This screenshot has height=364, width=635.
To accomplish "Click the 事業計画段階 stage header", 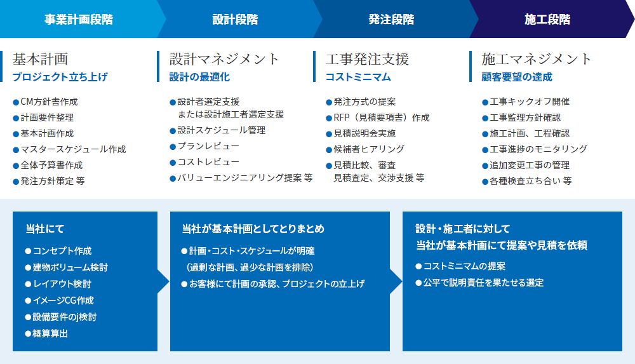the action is (x=79, y=20).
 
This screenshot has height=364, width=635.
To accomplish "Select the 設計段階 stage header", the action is (x=235, y=20).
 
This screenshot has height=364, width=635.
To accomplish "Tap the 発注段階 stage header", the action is (x=391, y=20).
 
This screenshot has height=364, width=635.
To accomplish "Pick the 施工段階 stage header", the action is (x=547, y=20).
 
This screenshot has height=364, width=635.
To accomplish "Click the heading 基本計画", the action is (x=40, y=59).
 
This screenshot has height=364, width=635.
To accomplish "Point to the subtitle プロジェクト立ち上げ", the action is (x=60, y=77).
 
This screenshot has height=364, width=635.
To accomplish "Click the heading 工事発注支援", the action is (x=367, y=59).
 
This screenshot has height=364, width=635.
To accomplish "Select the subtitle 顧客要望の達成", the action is (x=517, y=77).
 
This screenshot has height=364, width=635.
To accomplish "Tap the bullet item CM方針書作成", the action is (x=45, y=102).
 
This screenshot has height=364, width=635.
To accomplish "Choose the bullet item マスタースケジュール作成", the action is (x=69, y=149).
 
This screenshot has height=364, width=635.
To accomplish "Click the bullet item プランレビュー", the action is (x=204, y=146).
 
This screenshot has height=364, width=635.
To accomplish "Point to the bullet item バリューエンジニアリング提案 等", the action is (x=241, y=178).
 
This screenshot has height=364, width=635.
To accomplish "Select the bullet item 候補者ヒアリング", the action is (x=365, y=149).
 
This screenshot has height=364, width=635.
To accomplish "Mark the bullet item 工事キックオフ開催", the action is (x=526, y=102).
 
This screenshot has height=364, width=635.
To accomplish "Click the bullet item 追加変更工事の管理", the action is (x=526, y=165).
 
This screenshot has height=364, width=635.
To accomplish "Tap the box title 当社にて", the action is (x=45, y=229).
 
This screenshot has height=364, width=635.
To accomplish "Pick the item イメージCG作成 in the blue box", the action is (x=60, y=300).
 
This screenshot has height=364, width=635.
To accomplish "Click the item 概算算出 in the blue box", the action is (x=46, y=334).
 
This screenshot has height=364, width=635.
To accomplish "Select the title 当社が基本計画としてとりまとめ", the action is (x=253, y=229).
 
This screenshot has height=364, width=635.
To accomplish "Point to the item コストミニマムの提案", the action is (x=460, y=266).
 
